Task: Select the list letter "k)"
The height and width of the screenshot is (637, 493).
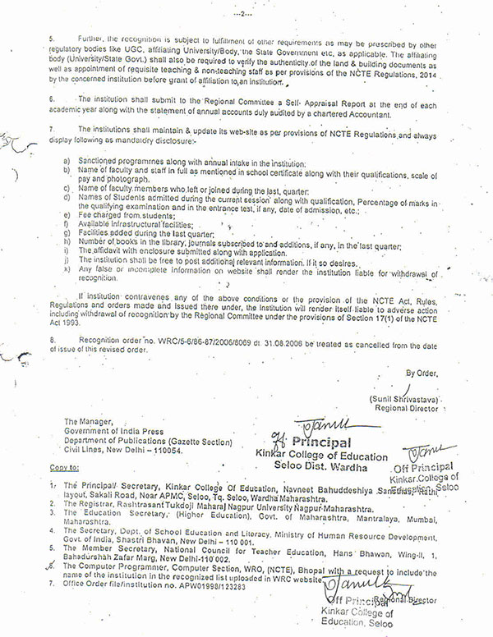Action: click(x=65, y=269)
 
